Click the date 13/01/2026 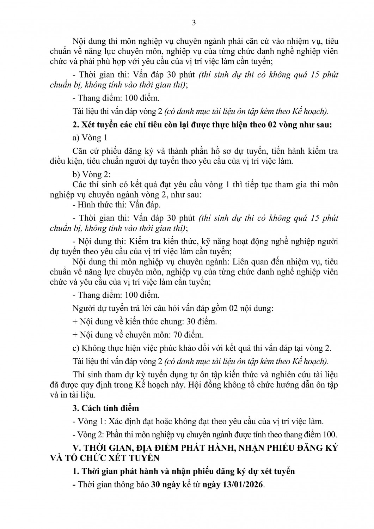click(x=243, y=484)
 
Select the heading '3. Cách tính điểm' click(x=105, y=408)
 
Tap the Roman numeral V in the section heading click(x=77, y=448)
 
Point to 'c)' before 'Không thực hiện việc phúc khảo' click(x=75, y=348)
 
